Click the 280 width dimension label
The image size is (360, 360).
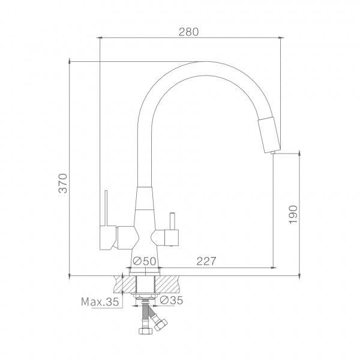point(188,32)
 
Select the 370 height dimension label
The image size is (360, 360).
point(62,184)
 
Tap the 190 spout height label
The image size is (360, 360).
point(293,214)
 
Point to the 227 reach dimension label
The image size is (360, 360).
point(206,261)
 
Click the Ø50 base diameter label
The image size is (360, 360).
point(145,261)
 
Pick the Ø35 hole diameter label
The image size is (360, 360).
point(171,300)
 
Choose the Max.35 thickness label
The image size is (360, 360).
point(100,302)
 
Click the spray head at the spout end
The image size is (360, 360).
point(269,134)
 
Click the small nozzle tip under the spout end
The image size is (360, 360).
point(273,152)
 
